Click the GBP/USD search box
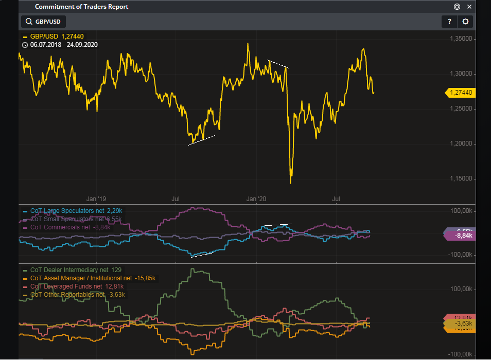(x=44, y=22)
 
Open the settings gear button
(x=465, y=22)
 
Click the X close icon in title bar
(x=469, y=7)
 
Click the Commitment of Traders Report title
(x=81, y=7)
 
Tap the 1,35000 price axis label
(x=461, y=39)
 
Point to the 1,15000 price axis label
(x=461, y=178)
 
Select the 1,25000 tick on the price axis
(x=461, y=109)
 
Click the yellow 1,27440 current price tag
(x=461, y=93)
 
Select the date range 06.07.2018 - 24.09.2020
(x=64, y=45)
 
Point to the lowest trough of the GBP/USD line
(x=291, y=183)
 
